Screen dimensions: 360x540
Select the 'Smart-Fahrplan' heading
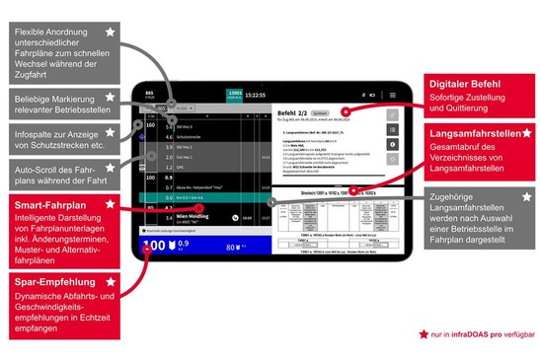pos(41,205)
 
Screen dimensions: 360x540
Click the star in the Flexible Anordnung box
pos(110,32)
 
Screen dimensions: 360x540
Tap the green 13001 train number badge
pos(235,95)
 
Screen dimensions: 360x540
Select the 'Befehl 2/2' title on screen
pos(296,113)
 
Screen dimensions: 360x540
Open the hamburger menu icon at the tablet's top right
pos(392,94)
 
